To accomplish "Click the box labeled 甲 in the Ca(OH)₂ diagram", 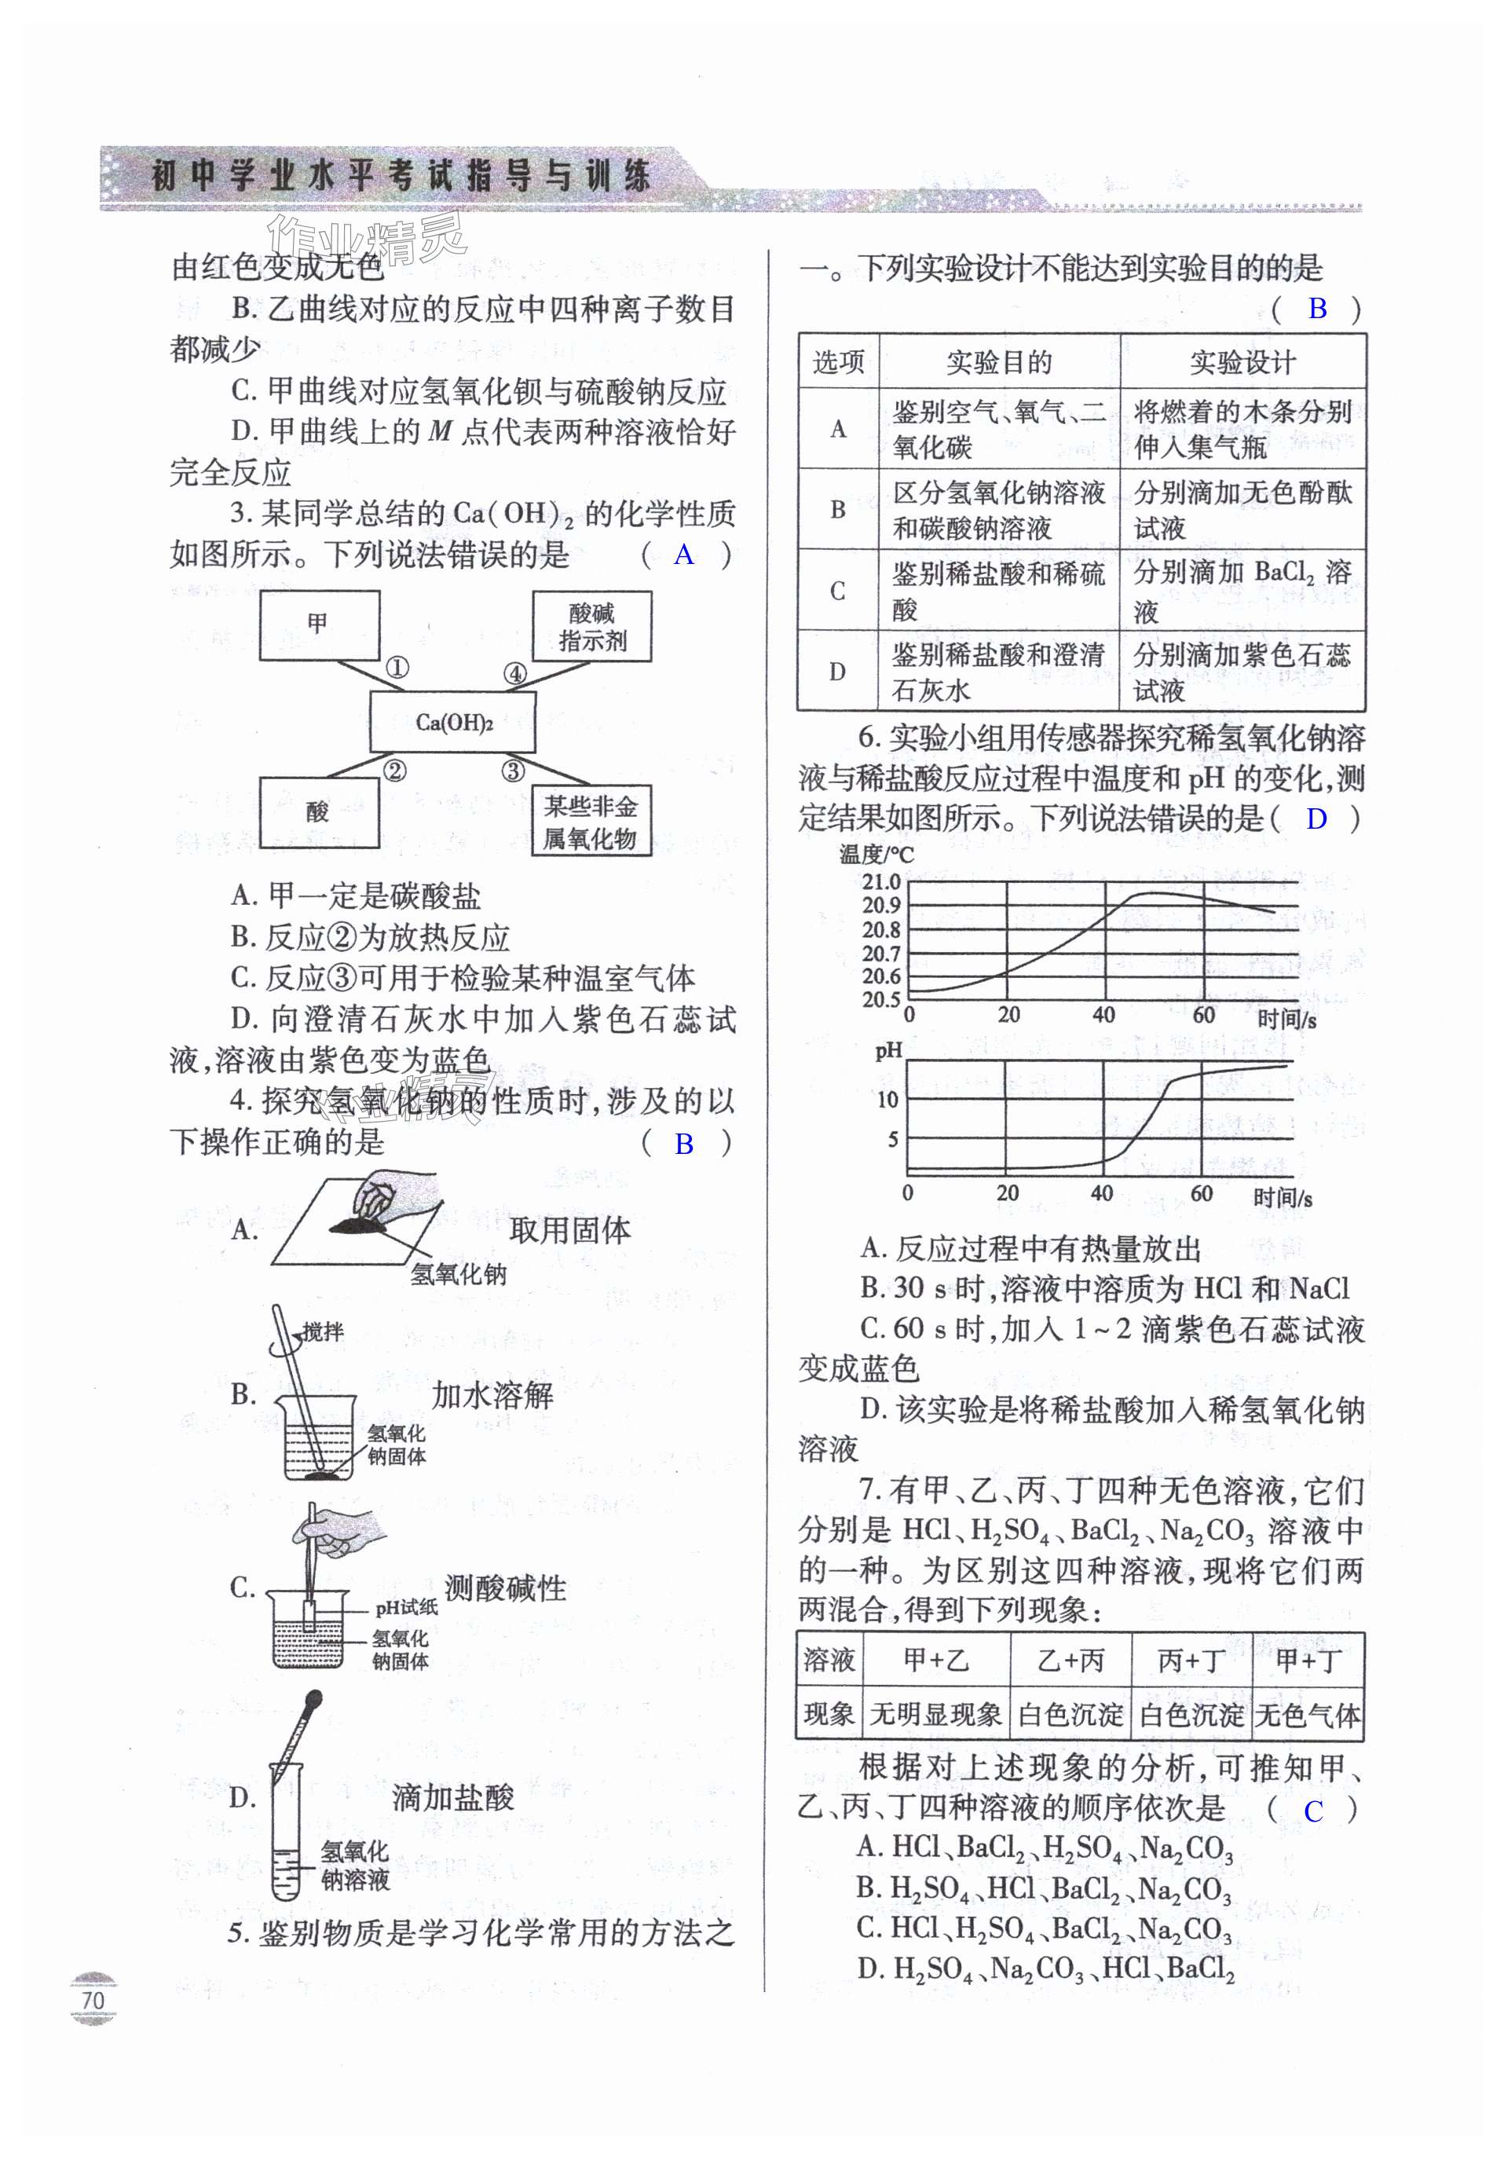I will tap(320, 624).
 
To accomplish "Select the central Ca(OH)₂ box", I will tap(453, 722).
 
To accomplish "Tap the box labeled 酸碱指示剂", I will tap(592, 627).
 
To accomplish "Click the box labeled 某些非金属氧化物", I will tap(591, 821).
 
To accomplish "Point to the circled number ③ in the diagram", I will tap(512, 771).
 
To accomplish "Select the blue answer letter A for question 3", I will tap(684, 555).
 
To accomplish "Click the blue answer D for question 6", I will tap(1316, 819).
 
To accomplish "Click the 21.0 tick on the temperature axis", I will tap(881, 881).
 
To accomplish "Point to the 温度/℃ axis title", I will tap(876, 854).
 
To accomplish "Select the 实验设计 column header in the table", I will tap(1242, 361).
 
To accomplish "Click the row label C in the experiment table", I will tap(838, 591).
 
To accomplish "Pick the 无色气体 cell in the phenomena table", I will tap(1308, 1716).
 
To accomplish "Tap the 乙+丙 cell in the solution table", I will tap(1070, 1660).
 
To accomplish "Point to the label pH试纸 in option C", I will tap(406, 1607).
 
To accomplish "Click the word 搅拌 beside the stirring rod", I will tap(323, 1331).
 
